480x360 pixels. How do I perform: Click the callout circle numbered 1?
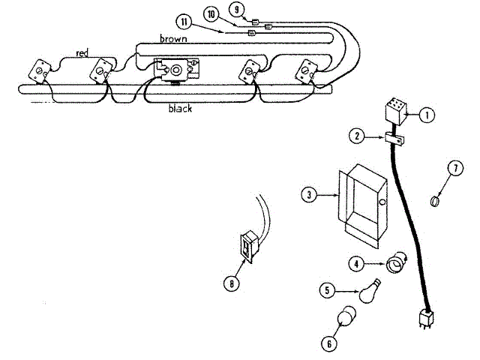tap(426, 115)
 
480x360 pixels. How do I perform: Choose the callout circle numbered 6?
tap(327, 344)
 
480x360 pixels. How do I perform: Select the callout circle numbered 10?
tap(211, 15)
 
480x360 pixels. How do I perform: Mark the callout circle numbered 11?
tap(184, 20)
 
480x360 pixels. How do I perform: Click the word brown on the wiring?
tap(173, 37)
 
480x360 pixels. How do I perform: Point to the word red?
tap(82, 53)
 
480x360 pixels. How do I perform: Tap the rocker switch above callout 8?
tap(249, 246)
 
